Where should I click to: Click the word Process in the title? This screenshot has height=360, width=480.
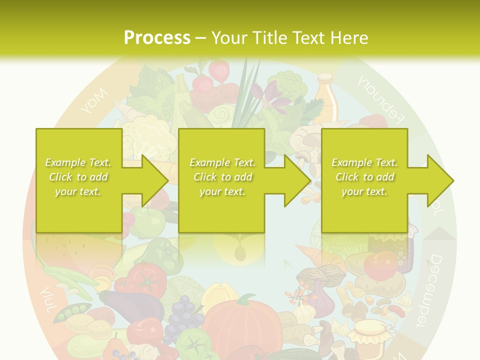(x=157, y=37)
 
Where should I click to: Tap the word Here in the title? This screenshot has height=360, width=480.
(x=347, y=37)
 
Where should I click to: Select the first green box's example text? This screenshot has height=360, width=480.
(x=78, y=177)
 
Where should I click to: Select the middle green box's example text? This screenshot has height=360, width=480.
(x=222, y=177)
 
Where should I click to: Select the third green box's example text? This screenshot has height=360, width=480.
(x=364, y=177)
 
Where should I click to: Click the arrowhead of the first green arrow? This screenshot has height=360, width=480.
(x=155, y=180)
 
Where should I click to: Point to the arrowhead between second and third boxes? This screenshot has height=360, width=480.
(x=297, y=180)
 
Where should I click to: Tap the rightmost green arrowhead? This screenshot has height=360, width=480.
(x=440, y=180)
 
